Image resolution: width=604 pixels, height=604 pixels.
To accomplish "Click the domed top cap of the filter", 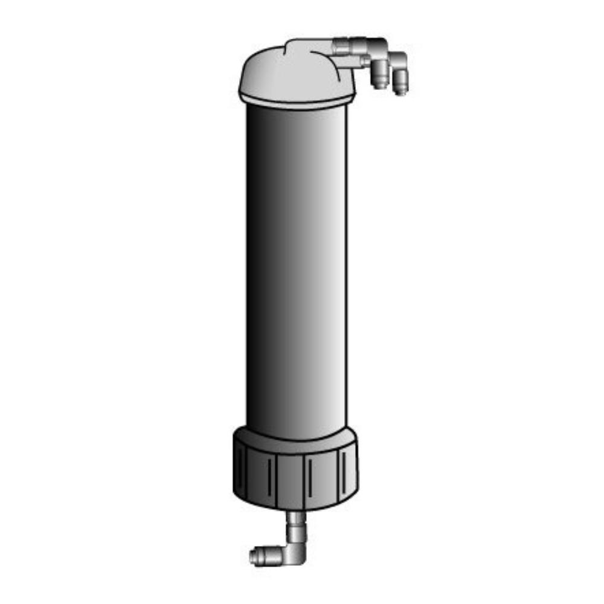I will (284, 75).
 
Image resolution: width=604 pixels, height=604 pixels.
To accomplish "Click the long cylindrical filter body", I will (296, 266).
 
